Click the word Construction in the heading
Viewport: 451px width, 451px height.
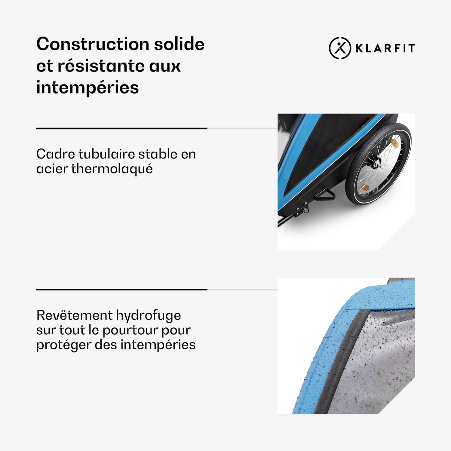(x=93, y=44)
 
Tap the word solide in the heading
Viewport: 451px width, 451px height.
(x=179, y=44)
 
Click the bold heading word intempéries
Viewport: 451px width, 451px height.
(x=87, y=88)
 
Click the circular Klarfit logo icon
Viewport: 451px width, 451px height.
(x=340, y=48)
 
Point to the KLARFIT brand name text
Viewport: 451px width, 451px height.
(x=385, y=48)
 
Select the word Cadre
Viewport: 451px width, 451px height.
(x=56, y=154)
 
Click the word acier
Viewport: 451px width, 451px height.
(x=52, y=169)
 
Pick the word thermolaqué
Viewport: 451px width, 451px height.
(x=112, y=169)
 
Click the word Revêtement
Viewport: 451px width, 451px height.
(x=74, y=315)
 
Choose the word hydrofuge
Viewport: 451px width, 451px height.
(x=149, y=316)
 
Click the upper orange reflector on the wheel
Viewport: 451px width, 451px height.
(x=395, y=143)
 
